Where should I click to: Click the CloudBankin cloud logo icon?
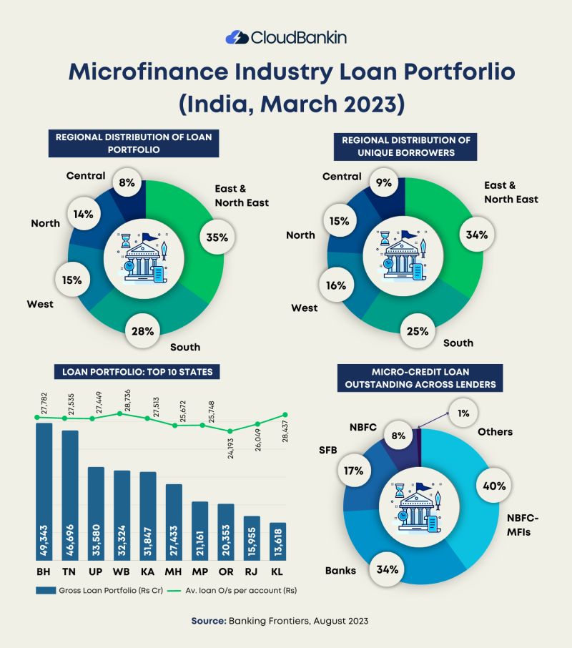pos(237,37)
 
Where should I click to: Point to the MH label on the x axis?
pos(174,572)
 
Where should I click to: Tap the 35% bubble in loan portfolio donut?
pos(217,238)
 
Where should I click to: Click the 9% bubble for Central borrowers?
pos(385,183)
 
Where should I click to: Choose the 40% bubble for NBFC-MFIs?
pos(495,486)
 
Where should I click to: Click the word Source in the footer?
pos(208,621)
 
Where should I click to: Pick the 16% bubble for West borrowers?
pos(336,285)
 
